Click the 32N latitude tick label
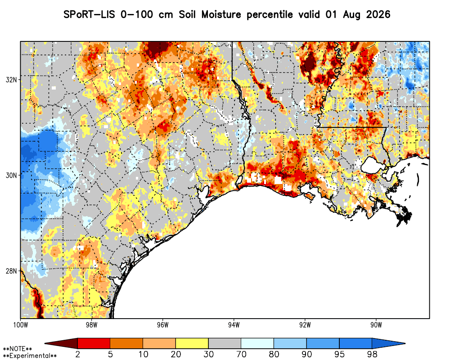click(x=11, y=80)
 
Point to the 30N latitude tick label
click(x=11, y=175)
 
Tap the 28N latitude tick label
click(x=11, y=271)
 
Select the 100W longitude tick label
click(x=20, y=325)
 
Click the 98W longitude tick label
click(x=91, y=325)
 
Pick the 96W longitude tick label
click(x=163, y=325)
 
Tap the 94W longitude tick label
click(x=234, y=325)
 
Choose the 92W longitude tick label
click(x=305, y=325)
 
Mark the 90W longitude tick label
click(x=376, y=325)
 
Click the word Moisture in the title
click(x=221, y=14)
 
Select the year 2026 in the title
click(x=378, y=14)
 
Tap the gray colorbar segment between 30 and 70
click(x=225, y=343)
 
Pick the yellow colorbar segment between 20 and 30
click(x=192, y=343)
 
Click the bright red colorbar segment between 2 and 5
click(x=94, y=343)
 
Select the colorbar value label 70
click(x=241, y=354)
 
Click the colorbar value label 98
click(x=372, y=354)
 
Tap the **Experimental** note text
click(x=30, y=356)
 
